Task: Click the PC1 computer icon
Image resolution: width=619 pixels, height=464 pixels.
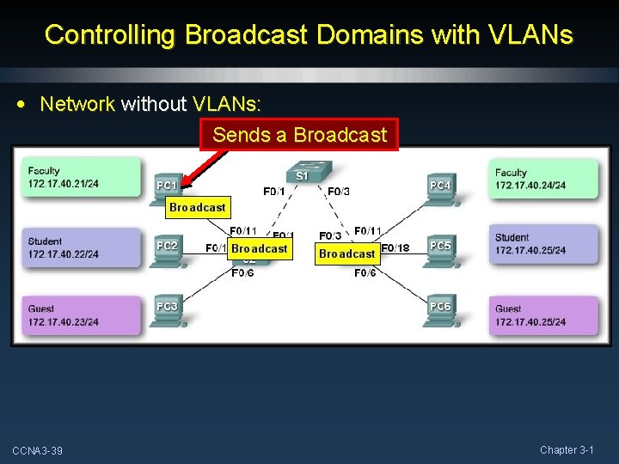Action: point(167,188)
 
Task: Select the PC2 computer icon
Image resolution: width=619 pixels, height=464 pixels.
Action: point(167,250)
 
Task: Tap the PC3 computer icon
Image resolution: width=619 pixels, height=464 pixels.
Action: point(167,310)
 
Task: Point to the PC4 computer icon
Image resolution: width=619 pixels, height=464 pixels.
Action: point(438,189)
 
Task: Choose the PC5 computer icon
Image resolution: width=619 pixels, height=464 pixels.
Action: point(439,250)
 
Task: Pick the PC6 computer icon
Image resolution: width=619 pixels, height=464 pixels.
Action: point(439,310)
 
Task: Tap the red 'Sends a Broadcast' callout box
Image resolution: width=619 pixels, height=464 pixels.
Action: point(299,135)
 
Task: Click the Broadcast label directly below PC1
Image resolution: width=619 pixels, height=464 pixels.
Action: point(197,207)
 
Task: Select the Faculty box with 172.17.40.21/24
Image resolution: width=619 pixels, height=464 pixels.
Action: point(83,177)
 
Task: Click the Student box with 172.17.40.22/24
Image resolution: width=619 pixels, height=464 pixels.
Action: point(83,247)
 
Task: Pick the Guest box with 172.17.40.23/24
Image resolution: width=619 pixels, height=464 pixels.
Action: point(83,315)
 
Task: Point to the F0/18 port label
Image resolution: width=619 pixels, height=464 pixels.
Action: point(395,248)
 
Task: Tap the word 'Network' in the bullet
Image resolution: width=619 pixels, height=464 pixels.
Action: point(77,104)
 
